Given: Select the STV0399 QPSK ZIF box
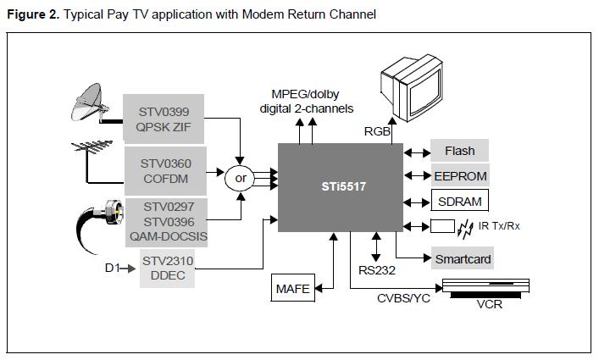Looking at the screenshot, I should point(164,119).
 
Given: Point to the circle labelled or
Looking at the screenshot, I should point(241,179).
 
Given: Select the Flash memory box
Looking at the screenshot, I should point(460,152).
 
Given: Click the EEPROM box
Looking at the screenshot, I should point(460,176).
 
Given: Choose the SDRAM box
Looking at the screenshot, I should point(460,202).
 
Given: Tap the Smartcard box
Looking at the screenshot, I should point(462,258).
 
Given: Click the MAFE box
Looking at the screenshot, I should point(291,289).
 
